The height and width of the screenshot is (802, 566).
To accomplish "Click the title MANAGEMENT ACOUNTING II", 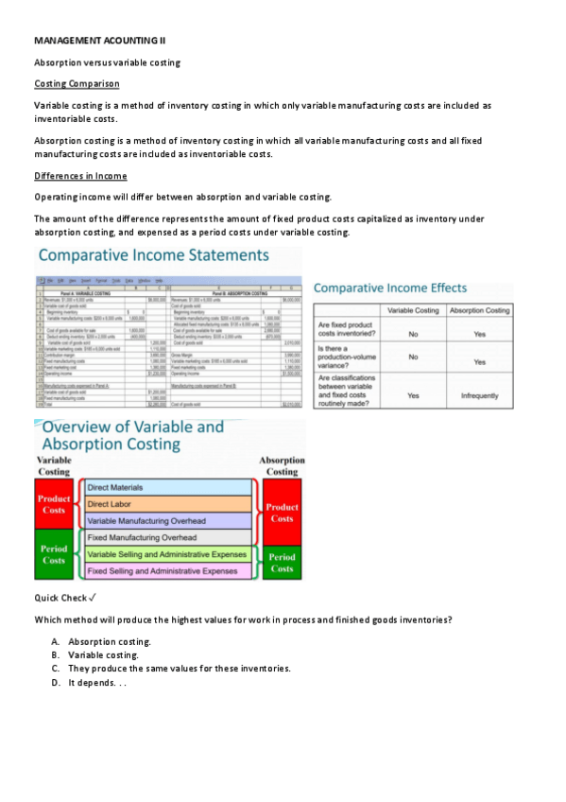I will coord(99,41).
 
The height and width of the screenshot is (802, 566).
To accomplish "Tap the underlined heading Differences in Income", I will coord(80,176).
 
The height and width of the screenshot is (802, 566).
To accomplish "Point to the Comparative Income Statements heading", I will coord(153,256).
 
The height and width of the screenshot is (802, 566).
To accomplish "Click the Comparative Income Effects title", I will coord(389,288).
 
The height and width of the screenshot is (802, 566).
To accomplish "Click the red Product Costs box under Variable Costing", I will coord(53,504).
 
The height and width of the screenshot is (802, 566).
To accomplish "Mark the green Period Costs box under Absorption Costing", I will coord(282,562).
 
